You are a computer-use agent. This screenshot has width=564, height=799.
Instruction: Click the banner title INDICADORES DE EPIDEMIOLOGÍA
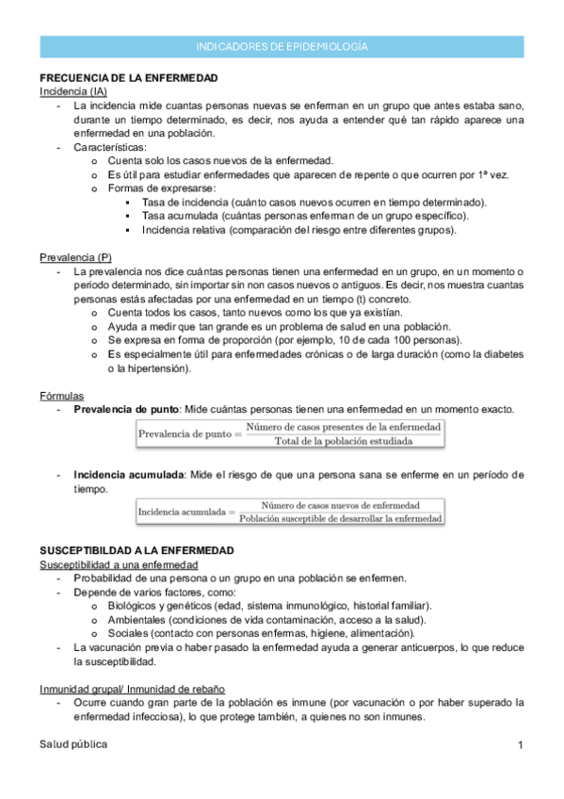click(x=282, y=46)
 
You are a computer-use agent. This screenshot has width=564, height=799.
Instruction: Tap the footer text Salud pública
click(x=73, y=744)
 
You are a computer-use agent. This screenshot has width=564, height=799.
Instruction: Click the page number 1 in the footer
click(x=520, y=745)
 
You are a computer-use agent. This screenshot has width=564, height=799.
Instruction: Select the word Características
click(x=109, y=148)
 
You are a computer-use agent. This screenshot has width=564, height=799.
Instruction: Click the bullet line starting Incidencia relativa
click(x=299, y=230)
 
